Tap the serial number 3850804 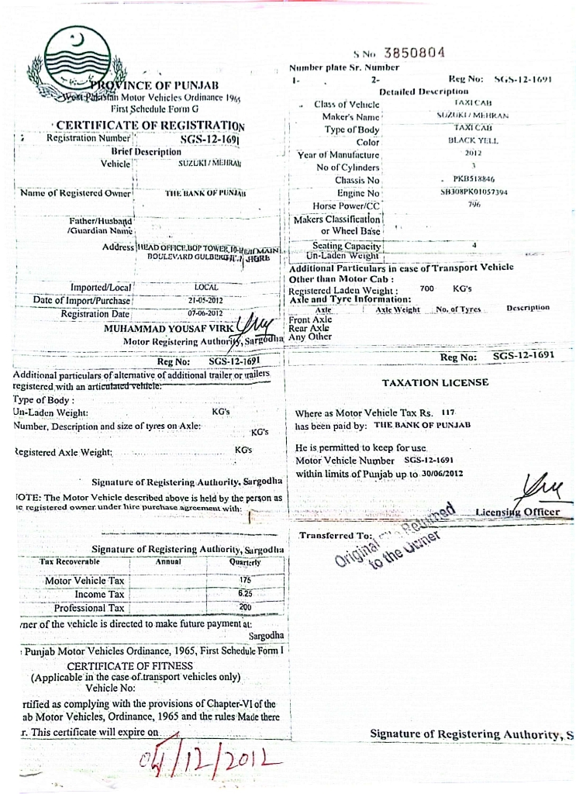coord(415,53)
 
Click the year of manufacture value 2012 coord(474,154)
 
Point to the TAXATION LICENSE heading coord(435,382)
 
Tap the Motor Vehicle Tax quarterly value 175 coord(245,580)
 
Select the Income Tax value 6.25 coord(245,593)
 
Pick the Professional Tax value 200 coord(245,607)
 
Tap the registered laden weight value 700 coord(426,288)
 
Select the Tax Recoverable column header coord(71,561)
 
